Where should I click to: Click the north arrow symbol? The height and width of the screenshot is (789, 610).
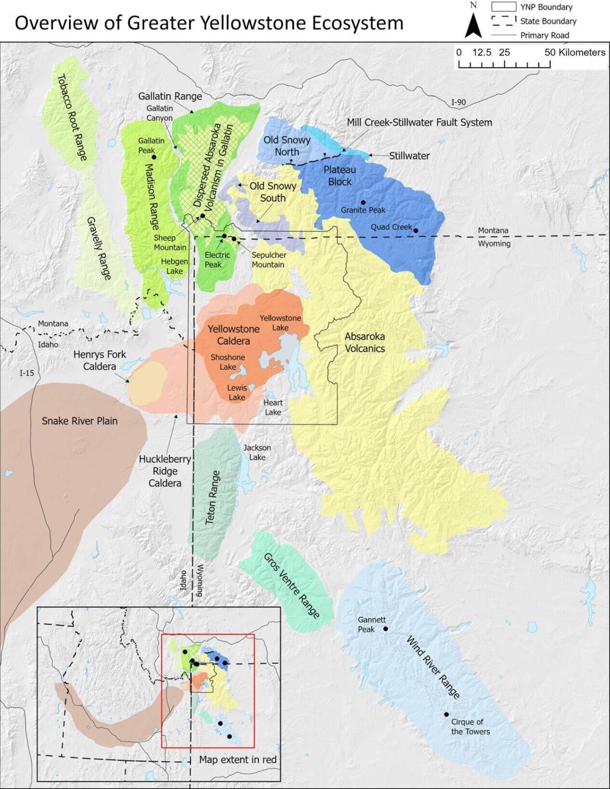coord(473,24)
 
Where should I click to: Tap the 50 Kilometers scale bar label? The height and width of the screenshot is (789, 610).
coord(574,52)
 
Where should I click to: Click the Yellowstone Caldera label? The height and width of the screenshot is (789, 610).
coord(234,335)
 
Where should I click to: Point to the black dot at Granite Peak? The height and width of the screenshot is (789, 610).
coord(363,202)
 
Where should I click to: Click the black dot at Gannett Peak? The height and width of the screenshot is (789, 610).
coord(385,629)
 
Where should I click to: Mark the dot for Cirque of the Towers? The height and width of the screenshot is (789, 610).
coord(446,715)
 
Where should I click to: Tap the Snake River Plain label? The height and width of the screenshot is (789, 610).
coord(79,421)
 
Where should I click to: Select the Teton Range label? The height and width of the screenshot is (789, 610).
coord(213,498)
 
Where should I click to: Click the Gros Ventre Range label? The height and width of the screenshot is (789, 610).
coord(291,585)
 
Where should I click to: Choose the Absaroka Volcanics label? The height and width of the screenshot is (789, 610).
coord(365,342)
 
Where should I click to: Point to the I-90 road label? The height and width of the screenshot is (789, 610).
coord(458,102)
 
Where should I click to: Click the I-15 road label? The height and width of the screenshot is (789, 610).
coord(27,373)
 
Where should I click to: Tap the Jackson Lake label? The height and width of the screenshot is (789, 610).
coord(257,453)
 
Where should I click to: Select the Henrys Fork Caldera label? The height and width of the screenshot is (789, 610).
coord(99,360)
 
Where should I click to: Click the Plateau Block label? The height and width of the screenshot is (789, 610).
coord(340,176)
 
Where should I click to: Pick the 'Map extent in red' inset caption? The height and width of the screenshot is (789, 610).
coord(238,759)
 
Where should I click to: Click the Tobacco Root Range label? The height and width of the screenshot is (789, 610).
coord(71,117)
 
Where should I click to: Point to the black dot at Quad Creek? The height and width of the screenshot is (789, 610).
coord(416,230)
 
